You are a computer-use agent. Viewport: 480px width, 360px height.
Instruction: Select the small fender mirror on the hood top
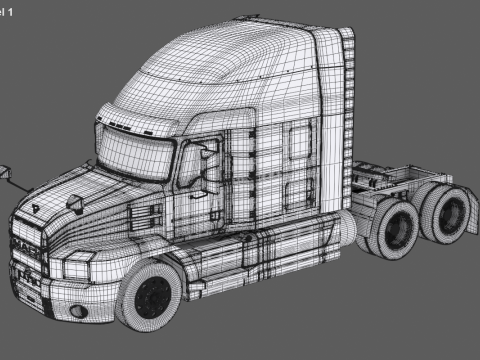click(76, 204)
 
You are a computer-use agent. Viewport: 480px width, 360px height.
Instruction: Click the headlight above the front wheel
click(78, 269)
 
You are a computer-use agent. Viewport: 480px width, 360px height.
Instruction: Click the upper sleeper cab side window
click(299, 146)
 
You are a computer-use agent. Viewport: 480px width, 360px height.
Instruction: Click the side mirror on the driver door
click(209, 170)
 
